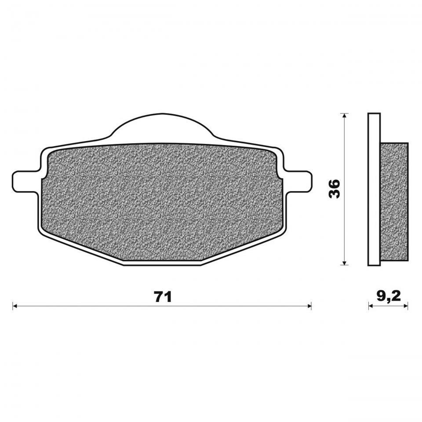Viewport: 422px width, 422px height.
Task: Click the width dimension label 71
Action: (x=163, y=297)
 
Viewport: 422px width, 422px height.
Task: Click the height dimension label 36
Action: (x=335, y=189)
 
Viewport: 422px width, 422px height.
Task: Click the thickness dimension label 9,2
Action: (x=389, y=297)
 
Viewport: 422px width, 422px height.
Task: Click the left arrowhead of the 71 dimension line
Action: (x=15, y=306)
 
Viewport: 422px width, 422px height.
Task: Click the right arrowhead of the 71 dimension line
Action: (x=309, y=306)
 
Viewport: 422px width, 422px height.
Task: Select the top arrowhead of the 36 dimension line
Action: (x=344, y=116)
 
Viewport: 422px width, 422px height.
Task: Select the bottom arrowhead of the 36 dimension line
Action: (x=344, y=263)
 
